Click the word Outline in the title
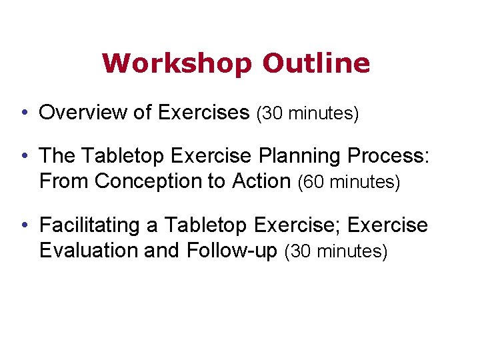click(316, 63)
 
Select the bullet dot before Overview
click(24, 113)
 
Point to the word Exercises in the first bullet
click(203, 113)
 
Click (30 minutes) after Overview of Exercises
click(307, 114)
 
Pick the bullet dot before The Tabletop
click(24, 156)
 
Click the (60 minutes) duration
click(349, 182)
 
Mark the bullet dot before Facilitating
click(24, 226)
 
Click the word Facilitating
click(90, 226)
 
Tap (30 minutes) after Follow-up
click(335, 252)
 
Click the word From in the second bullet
click(58, 181)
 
